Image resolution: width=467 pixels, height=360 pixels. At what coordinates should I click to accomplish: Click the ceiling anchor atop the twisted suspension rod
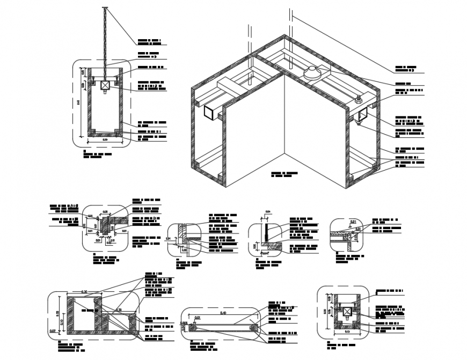coord(105,8)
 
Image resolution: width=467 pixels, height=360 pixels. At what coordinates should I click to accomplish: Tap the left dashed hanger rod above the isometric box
coord(249,40)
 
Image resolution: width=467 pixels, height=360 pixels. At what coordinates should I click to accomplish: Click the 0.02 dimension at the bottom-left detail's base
coord(53,331)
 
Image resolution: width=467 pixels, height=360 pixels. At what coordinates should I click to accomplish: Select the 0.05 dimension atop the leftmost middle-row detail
coord(105,212)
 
